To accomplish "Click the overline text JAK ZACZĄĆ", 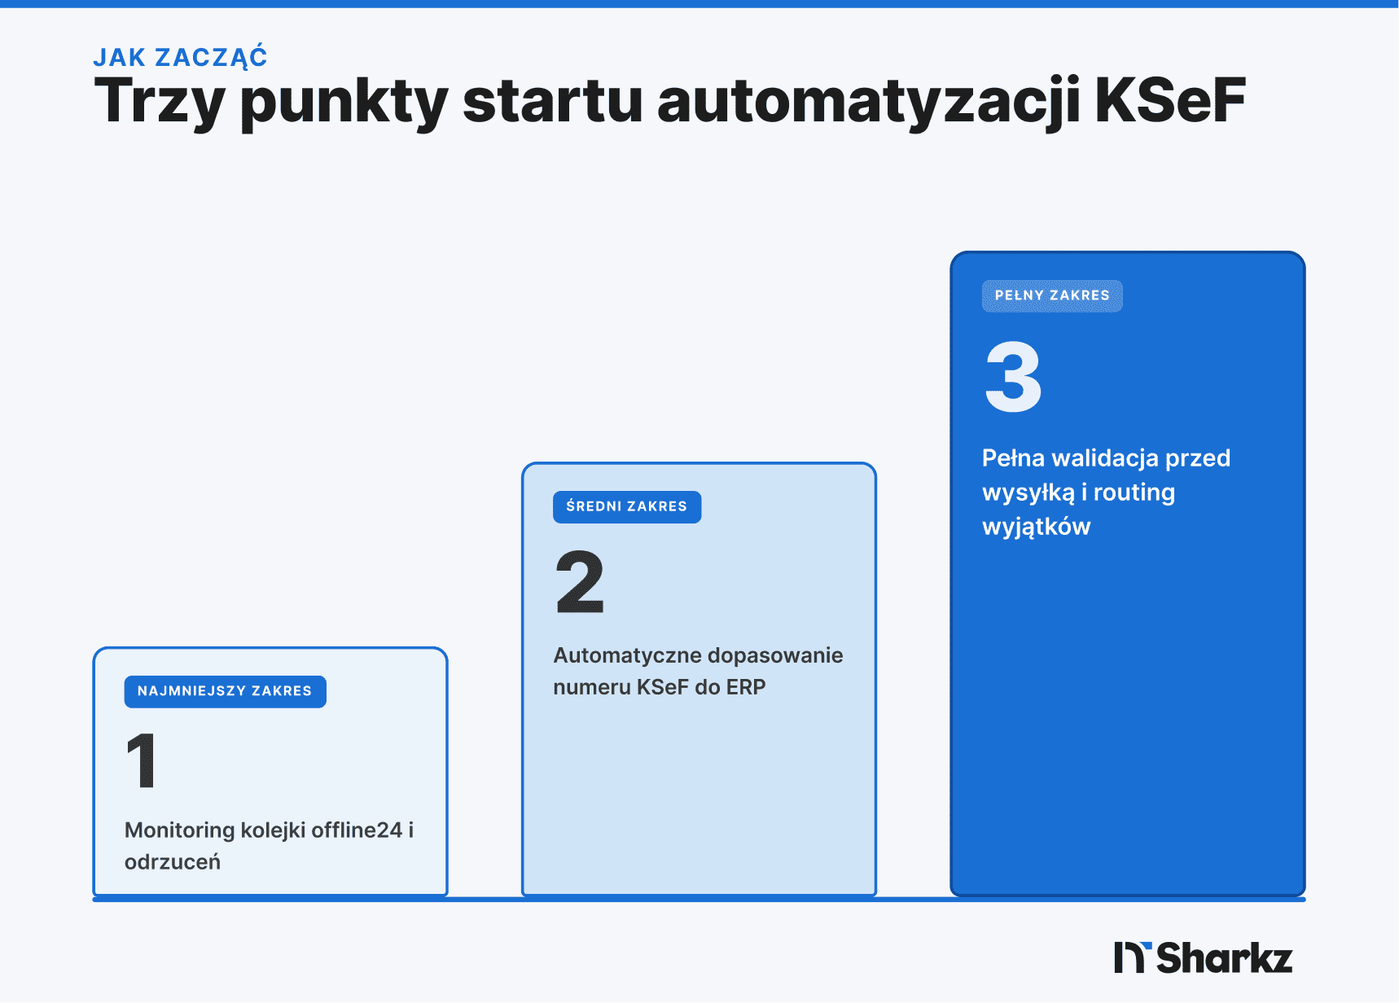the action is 180,57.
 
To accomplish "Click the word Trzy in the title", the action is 160,102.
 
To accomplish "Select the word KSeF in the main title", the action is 1169,101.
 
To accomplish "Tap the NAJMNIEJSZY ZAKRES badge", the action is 225,691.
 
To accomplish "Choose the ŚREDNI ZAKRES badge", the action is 627,506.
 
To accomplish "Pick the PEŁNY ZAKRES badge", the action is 1052,296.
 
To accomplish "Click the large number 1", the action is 142,760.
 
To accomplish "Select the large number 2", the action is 580,581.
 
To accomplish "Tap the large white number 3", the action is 1013,377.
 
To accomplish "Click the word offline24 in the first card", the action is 357,830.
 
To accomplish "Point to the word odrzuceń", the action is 173,861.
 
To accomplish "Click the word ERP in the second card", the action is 746,687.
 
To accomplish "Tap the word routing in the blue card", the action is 1134,493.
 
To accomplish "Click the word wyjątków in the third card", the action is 1036,527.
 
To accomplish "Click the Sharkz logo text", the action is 1224,958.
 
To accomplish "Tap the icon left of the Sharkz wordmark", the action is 1132,957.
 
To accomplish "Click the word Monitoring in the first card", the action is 179,830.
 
